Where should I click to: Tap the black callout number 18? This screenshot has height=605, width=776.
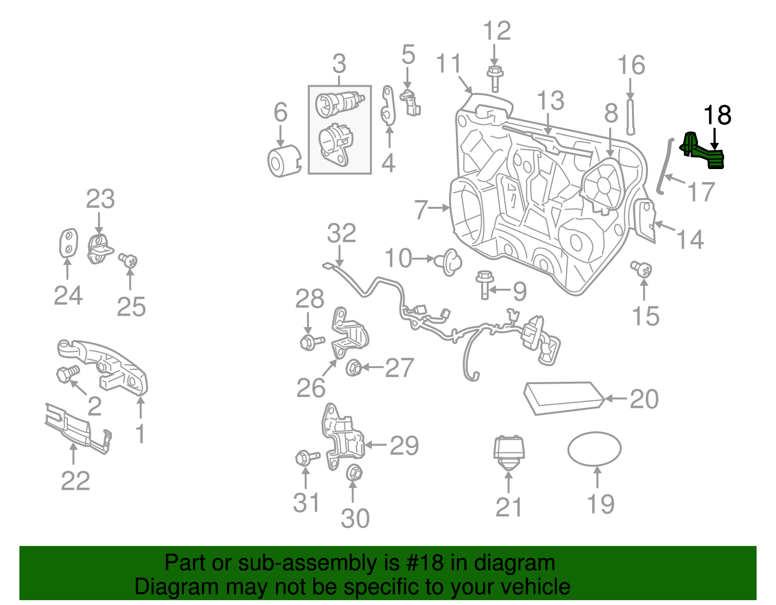[717, 115]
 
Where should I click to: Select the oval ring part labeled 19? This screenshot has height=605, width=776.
[594, 449]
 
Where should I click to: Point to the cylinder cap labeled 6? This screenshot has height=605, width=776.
[283, 161]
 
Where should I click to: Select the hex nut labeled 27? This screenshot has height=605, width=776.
[354, 369]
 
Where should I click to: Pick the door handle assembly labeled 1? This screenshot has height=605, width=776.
[107, 366]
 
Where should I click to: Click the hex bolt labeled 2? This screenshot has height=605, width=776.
[66, 374]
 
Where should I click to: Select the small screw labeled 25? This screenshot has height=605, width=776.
[129, 261]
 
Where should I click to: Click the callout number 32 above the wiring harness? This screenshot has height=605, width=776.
[341, 233]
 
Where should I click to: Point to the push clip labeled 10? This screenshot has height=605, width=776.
[450, 262]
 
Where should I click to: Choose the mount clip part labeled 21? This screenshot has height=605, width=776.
[508, 453]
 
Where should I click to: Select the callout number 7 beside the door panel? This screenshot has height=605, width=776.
[421, 209]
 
